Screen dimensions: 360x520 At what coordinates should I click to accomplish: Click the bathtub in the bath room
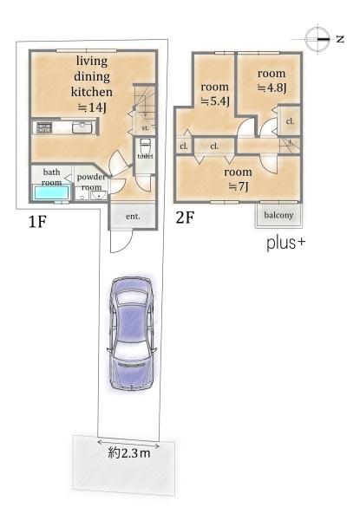click(x=51, y=193)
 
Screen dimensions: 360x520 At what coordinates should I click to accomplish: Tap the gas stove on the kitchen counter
click(x=43, y=127)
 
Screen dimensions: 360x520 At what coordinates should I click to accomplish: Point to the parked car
click(x=132, y=334)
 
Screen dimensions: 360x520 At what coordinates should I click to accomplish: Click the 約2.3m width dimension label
click(x=129, y=452)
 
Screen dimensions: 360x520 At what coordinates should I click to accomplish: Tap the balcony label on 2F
click(x=278, y=215)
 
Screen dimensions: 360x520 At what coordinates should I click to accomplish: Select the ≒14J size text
click(x=92, y=107)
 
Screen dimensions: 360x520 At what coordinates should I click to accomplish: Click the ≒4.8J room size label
click(x=272, y=88)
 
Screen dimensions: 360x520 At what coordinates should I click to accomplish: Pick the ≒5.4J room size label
click(x=215, y=101)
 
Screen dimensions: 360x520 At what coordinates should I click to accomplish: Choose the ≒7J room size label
click(x=239, y=186)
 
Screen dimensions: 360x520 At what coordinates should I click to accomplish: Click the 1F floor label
click(x=36, y=222)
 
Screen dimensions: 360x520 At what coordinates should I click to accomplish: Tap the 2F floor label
click(x=185, y=218)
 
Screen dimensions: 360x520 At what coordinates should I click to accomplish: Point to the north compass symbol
click(x=317, y=39)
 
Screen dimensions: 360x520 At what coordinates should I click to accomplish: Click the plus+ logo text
click(x=285, y=244)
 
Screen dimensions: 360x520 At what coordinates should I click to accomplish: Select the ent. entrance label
click(x=133, y=217)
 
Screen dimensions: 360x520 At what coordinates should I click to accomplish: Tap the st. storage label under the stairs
click(x=145, y=127)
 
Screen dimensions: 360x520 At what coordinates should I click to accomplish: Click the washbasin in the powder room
click(x=99, y=196)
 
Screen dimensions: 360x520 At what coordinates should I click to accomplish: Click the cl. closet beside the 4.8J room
click(x=290, y=121)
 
